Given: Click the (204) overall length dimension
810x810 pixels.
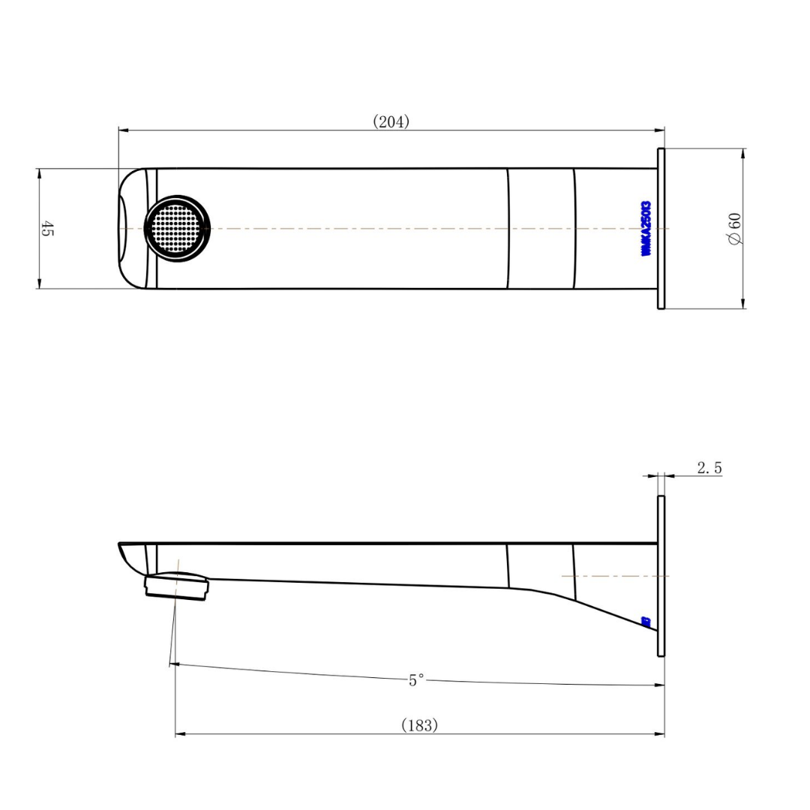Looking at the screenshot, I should (x=391, y=121).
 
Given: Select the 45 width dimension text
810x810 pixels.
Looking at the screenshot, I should (x=46, y=229).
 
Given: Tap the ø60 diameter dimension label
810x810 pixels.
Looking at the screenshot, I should (x=734, y=228).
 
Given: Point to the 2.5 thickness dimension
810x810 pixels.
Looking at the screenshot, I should (x=709, y=468).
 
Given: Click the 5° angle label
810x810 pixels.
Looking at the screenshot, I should (x=416, y=680).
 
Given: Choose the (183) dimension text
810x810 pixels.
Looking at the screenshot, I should (x=419, y=725).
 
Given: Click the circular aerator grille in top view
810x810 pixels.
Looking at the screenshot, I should (x=177, y=228).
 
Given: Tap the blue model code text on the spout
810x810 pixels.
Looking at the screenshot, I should (x=646, y=229).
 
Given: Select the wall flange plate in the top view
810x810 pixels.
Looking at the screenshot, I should (x=661, y=228).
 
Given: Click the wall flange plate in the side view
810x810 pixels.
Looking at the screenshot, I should (x=661, y=576).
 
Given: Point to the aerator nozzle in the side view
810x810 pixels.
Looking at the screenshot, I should (x=177, y=586).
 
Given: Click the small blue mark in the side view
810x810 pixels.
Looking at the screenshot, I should (x=646, y=621).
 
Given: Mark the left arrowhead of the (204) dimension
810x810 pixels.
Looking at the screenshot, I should (x=123, y=130).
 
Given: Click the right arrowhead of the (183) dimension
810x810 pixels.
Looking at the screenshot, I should (x=660, y=734).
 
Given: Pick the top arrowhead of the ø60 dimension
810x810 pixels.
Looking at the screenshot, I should (x=743, y=153).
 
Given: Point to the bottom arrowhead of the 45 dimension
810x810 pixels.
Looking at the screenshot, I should (x=37, y=283).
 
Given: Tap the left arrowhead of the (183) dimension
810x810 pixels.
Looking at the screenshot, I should (x=180, y=734).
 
